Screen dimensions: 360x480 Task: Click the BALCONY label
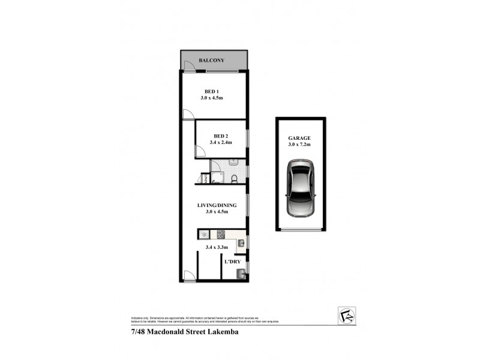point(214,61)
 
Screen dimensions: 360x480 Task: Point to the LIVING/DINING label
point(217,205)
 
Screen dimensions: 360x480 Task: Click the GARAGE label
point(299,137)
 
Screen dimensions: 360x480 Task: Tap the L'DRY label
point(232,262)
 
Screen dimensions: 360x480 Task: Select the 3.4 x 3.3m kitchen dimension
point(217,247)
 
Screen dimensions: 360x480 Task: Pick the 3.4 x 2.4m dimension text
point(221,143)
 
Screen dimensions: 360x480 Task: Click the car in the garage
point(299,188)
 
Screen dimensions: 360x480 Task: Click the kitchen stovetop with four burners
point(220,235)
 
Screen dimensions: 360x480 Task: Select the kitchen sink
point(241,242)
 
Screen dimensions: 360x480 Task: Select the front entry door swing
point(190,275)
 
